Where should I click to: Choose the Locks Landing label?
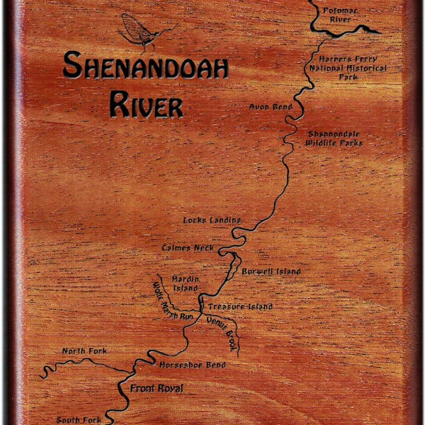(x=212, y=220)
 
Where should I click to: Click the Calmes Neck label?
(x=188, y=248)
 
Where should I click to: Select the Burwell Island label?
(x=271, y=271)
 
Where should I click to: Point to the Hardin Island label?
(x=186, y=283)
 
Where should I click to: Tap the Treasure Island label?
(x=240, y=307)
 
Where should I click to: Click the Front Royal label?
(x=157, y=389)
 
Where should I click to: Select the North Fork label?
(x=84, y=351)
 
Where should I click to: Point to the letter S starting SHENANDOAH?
(x=71, y=67)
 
